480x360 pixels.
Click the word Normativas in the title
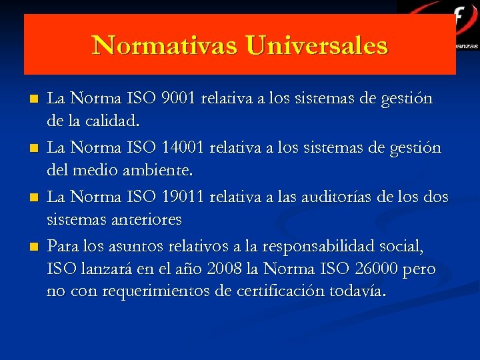[x=165, y=45]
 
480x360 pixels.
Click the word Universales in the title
[x=316, y=45]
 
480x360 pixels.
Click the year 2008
[x=226, y=269]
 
